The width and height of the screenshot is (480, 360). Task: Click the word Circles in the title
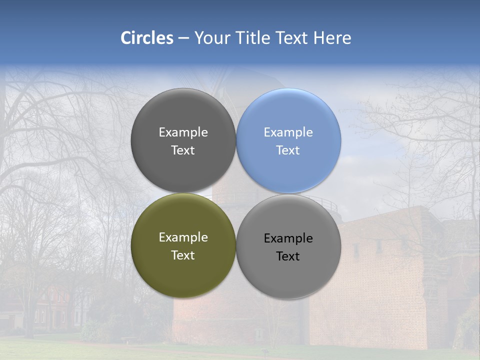point(147,38)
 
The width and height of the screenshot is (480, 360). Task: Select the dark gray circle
point(183,140)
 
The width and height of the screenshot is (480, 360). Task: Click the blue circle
point(288,140)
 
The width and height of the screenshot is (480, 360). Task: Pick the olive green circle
point(183,245)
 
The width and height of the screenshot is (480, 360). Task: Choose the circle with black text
point(288,246)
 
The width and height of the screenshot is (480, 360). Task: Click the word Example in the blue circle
point(288,132)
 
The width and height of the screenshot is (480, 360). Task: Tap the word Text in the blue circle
point(288,150)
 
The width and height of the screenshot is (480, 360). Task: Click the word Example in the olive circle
point(183,237)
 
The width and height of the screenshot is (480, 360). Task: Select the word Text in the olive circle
point(183,255)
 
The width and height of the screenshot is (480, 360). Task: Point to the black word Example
point(288,238)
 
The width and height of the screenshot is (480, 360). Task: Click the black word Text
point(288,256)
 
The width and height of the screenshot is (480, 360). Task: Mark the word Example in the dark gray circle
point(183,132)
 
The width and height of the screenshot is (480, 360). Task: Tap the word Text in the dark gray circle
point(183,150)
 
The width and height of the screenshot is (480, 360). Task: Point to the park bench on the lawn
point(128,339)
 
